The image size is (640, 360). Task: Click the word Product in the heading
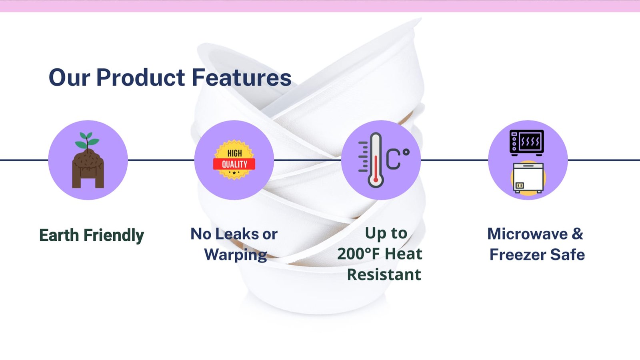pyautogui.click(x=140, y=77)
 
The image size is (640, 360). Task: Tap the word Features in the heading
pyautogui.click(x=242, y=77)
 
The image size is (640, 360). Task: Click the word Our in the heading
pyautogui.click(x=70, y=77)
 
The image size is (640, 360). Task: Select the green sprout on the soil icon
pyautogui.click(x=87, y=140)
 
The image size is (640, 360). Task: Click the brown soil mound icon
pyautogui.click(x=88, y=168)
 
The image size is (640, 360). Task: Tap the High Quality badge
pyautogui.click(x=234, y=160)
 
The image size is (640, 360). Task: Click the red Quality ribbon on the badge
pyautogui.click(x=234, y=164)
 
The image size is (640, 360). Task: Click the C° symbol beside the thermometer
pyautogui.click(x=398, y=158)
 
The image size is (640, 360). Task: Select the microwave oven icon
pyautogui.click(x=526, y=142)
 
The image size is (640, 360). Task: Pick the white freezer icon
pyautogui.click(x=528, y=178)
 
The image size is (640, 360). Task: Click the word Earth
pyautogui.click(x=59, y=235)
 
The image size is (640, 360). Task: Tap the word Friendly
pyautogui.click(x=114, y=236)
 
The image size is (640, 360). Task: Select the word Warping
pyautogui.click(x=236, y=254)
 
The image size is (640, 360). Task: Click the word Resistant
pyautogui.click(x=384, y=274)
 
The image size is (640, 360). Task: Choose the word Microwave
pyautogui.click(x=528, y=234)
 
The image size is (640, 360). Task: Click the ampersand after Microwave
pyautogui.click(x=578, y=234)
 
